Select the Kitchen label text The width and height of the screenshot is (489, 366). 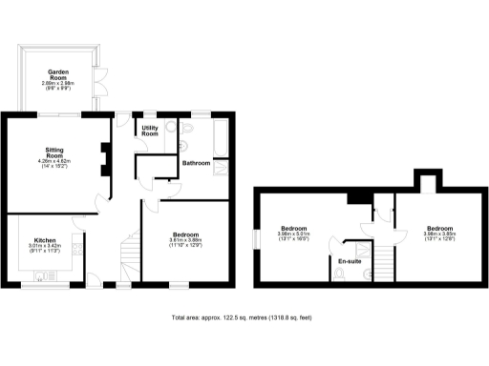point(47,240)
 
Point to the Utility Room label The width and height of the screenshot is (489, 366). point(151,131)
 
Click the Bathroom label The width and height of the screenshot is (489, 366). point(196,163)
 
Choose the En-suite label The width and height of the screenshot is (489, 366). point(350,260)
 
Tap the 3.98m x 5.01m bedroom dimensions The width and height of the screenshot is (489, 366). point(293,235)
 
